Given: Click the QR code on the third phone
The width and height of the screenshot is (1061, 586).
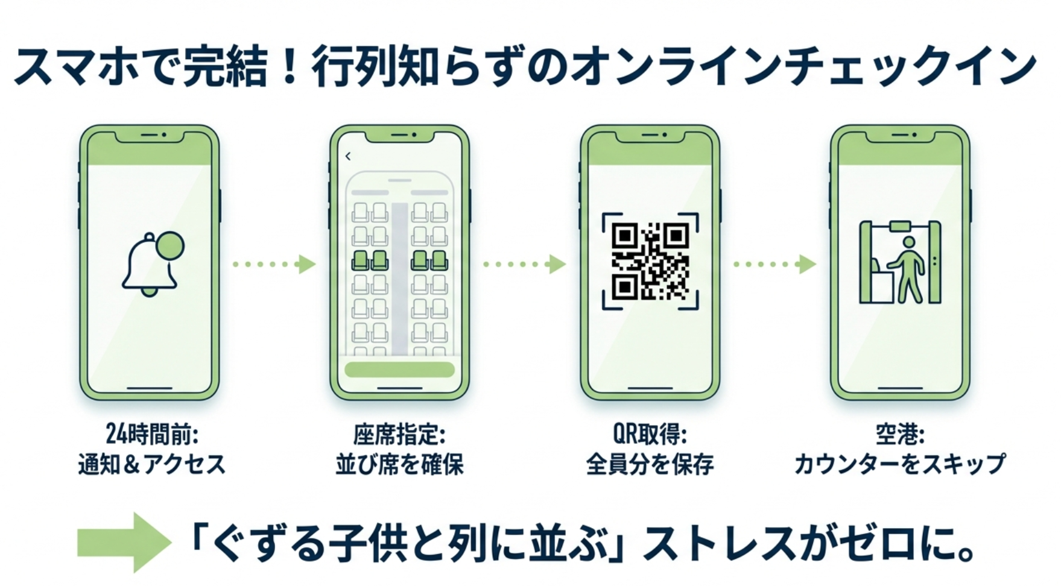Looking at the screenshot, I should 650,262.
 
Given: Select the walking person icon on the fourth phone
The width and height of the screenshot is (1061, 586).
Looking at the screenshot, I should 908,269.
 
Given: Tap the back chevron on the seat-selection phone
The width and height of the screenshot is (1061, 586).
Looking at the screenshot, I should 348,157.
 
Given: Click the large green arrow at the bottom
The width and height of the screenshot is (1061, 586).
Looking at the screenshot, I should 124,542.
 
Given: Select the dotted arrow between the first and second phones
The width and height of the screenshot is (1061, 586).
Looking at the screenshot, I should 274,264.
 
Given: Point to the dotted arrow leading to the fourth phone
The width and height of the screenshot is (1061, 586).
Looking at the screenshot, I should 774,264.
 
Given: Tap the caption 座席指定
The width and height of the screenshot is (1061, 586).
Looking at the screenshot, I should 399,434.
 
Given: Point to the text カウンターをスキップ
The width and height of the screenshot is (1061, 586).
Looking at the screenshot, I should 899,464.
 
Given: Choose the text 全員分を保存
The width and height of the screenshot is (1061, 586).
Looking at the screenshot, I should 650,464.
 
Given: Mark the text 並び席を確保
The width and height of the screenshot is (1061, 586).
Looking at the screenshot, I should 399,464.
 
